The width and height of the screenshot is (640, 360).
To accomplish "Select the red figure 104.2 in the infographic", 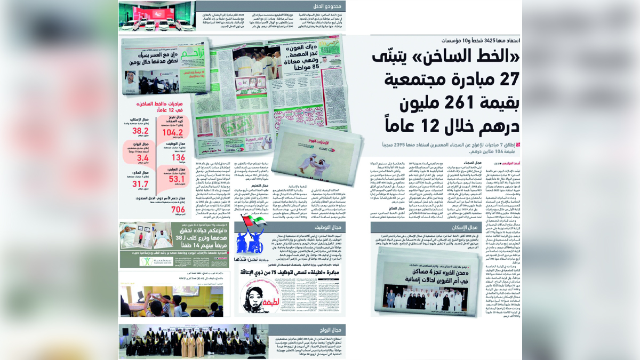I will coord(173,132).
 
